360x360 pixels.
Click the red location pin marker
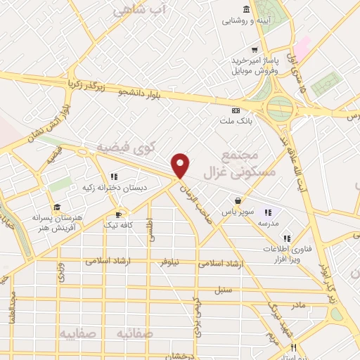(181, 165)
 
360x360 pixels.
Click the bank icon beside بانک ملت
(236, 110)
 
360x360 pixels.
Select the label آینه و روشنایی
(245, 20)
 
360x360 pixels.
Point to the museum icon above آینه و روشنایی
(245, 8)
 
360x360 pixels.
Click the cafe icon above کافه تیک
(119, 214)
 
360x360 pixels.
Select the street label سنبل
(224, 290)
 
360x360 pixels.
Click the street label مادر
(297, 305)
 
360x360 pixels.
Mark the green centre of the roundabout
(281, 108)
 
